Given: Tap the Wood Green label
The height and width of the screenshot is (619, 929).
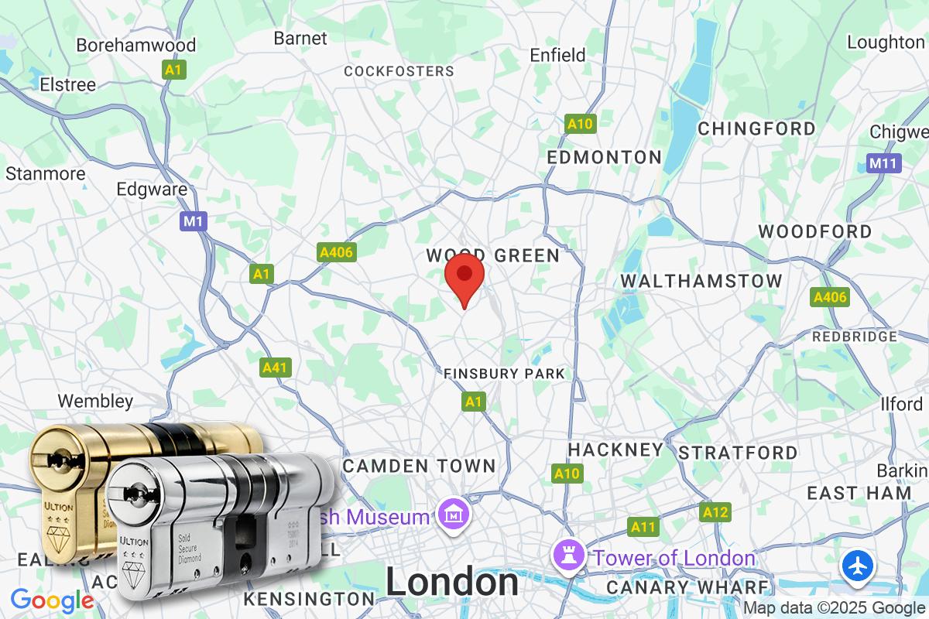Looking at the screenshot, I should coord(493,255).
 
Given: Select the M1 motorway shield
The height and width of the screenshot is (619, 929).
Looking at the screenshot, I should coord(194,222).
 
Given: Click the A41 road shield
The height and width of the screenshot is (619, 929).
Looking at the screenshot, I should coord(276,368).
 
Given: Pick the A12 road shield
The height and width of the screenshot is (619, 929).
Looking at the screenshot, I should coord(715,511).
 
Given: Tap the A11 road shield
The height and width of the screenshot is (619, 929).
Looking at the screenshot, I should coord(643,527).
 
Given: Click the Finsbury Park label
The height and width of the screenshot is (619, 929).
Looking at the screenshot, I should coord(504,374).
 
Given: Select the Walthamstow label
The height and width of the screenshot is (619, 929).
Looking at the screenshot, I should coord(701,281).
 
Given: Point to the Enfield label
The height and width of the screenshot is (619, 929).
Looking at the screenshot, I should coord(557,55).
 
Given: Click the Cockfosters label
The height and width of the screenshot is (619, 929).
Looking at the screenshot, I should coord(399,71).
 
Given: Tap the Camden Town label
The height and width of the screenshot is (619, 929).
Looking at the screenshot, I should coord(419,466).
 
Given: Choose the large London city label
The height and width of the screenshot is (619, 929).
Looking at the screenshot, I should coord(452,582).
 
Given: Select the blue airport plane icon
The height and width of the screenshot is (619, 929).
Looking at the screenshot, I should coord(858,566).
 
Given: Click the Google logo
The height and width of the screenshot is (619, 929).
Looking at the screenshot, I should coord(52,600).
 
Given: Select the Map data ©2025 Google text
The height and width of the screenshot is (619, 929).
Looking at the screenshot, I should coord(834,608).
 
